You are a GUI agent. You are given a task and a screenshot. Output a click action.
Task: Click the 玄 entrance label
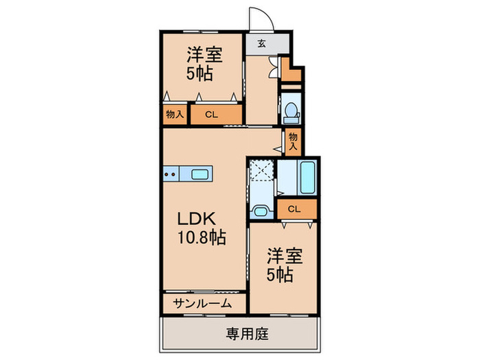[x=261, y=43]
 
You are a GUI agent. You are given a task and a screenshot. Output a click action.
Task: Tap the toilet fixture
[x=291, y=110]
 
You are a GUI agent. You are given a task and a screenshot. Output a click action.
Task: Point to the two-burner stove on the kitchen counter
[x=171, y=174]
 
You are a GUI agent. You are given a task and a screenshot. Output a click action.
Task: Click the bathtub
[x=307, y=178]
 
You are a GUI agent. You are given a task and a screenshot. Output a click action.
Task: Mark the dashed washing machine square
[x=261, y=173]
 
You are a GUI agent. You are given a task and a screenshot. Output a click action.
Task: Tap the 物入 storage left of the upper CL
[x=174, y=115]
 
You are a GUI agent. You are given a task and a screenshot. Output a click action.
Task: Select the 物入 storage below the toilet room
[x=293, y=141]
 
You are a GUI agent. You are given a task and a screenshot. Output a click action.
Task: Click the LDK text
[x=197, y=219]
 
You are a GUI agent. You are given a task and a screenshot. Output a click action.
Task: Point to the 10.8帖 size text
[x=202, y=239]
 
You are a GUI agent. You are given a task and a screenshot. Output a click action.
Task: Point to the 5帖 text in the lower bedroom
[x=280, y=275]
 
